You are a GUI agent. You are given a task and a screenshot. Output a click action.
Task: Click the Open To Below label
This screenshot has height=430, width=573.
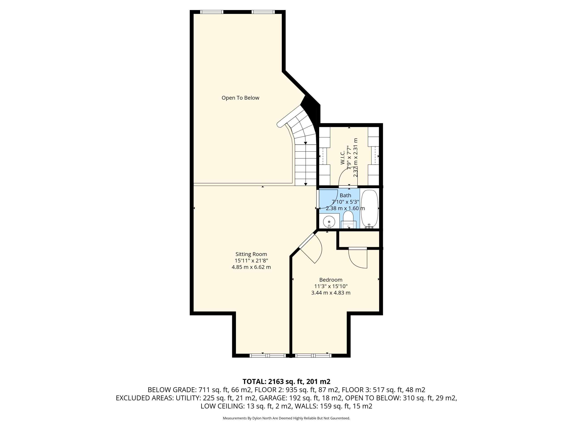(240, 98)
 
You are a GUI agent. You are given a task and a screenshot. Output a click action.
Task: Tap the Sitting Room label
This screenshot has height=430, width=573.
(251, 254)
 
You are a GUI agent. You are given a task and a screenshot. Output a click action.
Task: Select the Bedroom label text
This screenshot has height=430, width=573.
(331, 280)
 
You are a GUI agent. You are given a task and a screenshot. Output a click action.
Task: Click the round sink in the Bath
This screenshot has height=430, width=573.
(329, 222)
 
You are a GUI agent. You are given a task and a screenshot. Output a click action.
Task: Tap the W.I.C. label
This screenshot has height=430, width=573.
(342, 158)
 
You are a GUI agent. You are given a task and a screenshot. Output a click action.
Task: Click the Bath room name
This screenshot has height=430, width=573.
(345, 196)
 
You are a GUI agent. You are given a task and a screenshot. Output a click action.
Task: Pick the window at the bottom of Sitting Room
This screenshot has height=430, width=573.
(268, 356)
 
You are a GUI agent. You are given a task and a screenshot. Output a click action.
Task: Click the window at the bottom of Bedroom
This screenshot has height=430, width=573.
(313, 356)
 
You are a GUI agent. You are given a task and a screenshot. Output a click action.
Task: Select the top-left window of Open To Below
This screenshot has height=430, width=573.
(212, 12)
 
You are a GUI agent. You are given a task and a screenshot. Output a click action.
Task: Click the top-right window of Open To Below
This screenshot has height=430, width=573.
(263, 12)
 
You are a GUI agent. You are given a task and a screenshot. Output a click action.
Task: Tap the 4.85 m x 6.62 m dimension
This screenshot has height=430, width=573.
(251, 267)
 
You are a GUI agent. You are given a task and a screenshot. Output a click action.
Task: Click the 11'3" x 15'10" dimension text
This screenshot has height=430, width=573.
(331, 286)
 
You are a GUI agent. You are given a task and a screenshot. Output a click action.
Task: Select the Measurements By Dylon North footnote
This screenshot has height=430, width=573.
(286, 418)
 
